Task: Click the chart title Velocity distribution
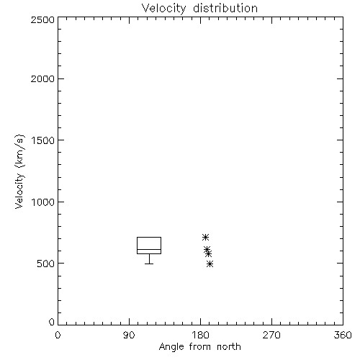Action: [199, 9]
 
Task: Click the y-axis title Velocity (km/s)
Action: [19, 171]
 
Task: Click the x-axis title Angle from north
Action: [199, 347]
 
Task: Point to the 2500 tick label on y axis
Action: [42, 19]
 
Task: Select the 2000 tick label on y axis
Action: [42, 78]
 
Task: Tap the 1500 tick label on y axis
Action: [43, 140]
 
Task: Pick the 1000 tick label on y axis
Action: [43, 202]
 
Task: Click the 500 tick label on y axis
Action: [46, 264]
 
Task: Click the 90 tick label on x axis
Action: [129, 335]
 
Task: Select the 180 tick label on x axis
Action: [200, 335]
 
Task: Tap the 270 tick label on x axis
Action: [271, 335]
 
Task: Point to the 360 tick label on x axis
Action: [343, 335]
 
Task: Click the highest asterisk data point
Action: [205, 238]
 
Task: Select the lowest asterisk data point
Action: [210, 264]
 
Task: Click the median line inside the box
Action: [149, 249]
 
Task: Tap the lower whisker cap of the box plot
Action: [149, 264]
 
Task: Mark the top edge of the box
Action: [149, 238]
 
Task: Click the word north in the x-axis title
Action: [229, 347]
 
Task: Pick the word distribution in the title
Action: [225, 9]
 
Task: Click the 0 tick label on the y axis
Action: [52, 322]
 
